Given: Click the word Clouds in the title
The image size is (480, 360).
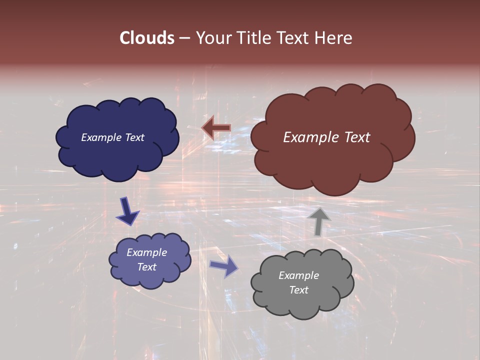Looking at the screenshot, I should tap(147, 38).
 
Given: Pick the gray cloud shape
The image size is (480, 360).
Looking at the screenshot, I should tap(302, 305).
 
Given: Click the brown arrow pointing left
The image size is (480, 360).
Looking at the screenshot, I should tap(216, 127).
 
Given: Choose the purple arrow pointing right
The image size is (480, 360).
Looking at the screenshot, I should tap(224, 266).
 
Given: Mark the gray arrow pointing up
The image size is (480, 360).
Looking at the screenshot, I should tap(319, 221).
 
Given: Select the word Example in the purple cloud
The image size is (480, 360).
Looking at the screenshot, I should tap(146, 252).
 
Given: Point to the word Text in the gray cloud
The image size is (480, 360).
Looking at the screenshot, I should tap(298, 290).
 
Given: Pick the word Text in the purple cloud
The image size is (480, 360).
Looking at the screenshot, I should tap(146, 267).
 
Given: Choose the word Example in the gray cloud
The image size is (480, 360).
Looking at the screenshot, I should tap(298, 275).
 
